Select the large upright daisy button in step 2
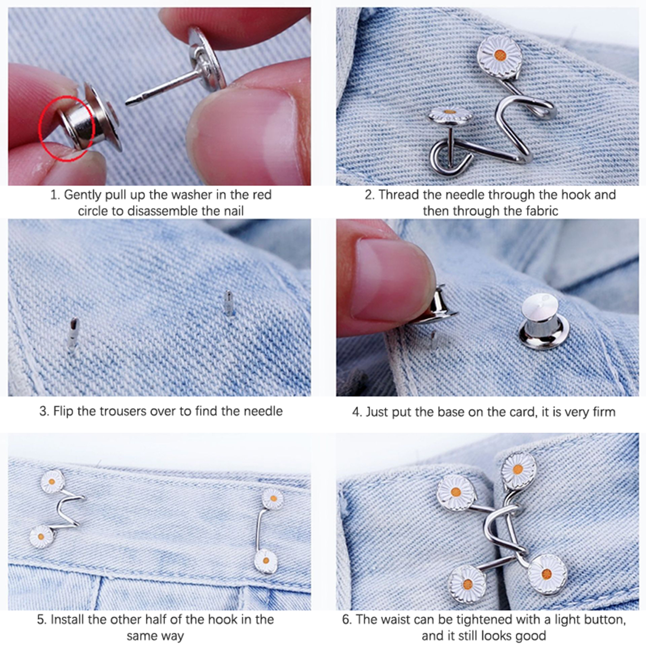click(x=500, y=55)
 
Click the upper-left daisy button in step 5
click(x=52, y=481)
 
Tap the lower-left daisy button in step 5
click(x=41, y=537)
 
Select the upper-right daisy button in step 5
click(x=273, y=499)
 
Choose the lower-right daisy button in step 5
click(x=266, y=561)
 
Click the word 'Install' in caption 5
click(x=65, y=620)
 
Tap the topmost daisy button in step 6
click(x=518, y=470)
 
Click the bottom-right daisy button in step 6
click(x=547, y=574)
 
